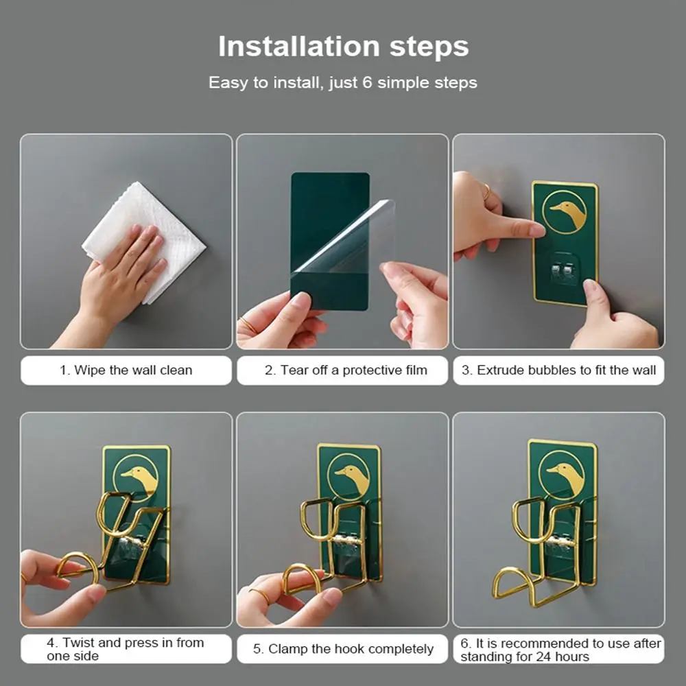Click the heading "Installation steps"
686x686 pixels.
point(344,47)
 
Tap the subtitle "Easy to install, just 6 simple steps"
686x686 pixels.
point(342,83)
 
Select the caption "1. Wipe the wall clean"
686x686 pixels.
point(126,370)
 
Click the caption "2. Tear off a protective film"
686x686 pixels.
point(346,370)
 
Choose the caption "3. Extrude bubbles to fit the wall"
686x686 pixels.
point(558,370)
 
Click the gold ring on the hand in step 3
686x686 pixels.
point(487,191)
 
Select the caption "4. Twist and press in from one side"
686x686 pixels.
point(126,649)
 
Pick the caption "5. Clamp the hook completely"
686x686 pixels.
point(343,649)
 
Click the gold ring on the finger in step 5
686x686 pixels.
point(260,596)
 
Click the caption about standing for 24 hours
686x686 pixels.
point(560,650)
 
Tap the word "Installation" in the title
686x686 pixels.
point(299,47)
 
